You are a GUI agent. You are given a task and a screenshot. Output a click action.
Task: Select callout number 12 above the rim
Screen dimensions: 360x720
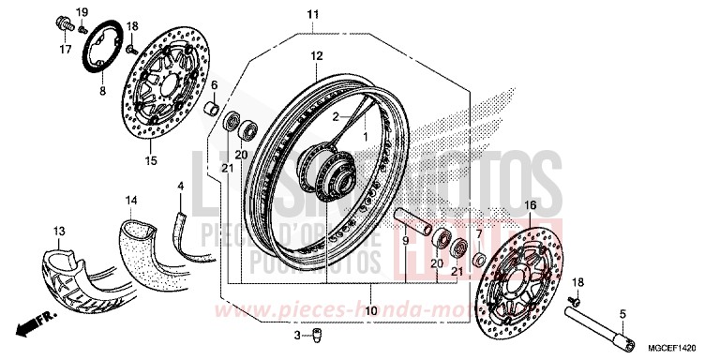[316, 56]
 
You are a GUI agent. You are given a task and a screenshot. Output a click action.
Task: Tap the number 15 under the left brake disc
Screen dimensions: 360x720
[150, 160]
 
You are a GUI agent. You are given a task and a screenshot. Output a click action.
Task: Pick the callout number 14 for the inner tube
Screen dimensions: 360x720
[131, 200]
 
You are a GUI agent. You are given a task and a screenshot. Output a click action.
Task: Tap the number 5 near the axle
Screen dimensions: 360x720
[622, 314]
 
